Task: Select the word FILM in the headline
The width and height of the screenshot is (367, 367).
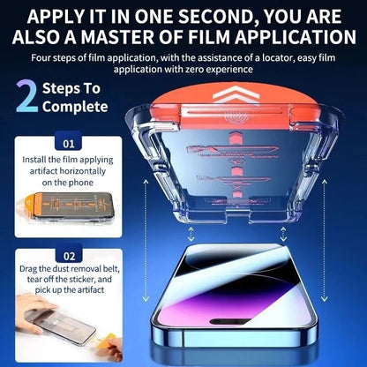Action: click(222, 37)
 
